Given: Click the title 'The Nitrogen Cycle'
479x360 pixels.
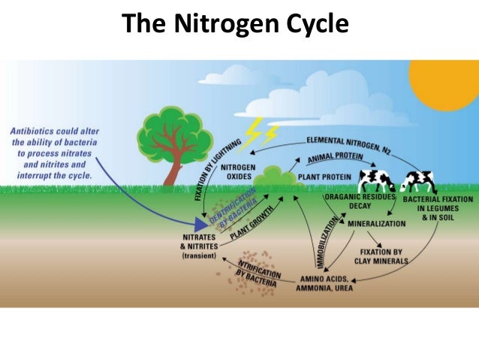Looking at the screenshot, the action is [x=236, y=24].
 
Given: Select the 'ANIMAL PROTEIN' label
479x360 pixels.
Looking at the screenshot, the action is [x=335, y=159].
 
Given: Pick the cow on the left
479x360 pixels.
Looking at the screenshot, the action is [x=376, y=181].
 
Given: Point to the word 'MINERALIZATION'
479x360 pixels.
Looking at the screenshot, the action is [x=376, y=223].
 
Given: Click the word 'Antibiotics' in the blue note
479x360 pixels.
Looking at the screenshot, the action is [x=35, y=131].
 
